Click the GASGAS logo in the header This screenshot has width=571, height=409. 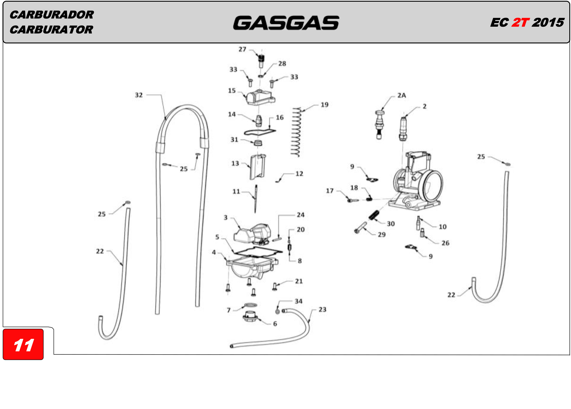(286, 23)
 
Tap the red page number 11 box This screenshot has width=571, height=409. (23, 344)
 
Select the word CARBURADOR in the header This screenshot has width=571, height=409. (52, 15)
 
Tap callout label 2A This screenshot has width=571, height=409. (402, 95)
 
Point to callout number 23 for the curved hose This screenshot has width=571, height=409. (322, 310)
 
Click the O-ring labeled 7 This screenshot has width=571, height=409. (251, 305)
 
